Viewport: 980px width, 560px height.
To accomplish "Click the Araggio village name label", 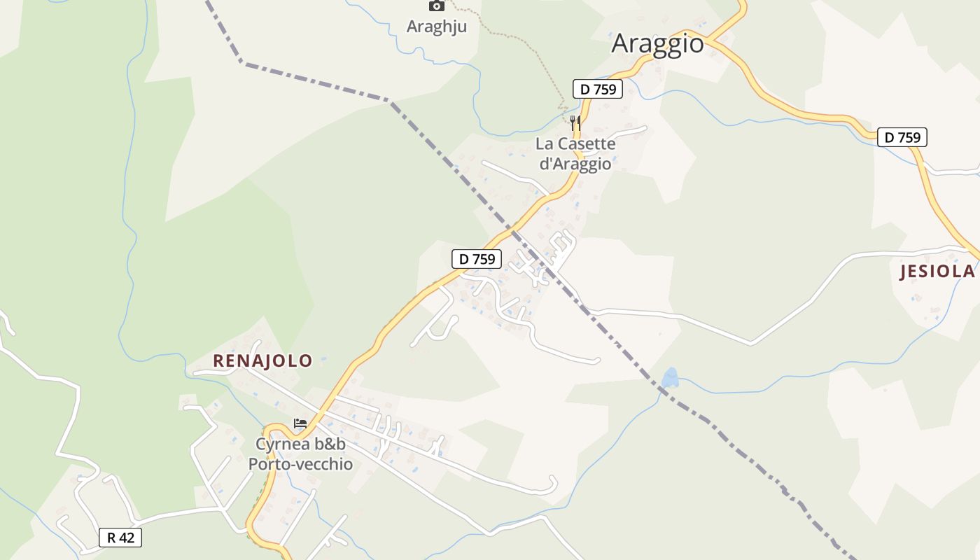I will [x=657, y=43].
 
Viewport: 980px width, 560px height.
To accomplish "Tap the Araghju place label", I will [x=436, y=27].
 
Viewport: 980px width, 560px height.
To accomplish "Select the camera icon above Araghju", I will [x=436, y=6].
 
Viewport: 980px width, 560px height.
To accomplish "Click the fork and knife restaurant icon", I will [x=575, y=123].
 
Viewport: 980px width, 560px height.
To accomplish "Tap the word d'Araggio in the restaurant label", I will [x=575, y=164].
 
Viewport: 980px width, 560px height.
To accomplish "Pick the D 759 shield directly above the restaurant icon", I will [x=597, y=89].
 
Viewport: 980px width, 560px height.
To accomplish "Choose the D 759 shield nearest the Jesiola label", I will [x=902, y=137].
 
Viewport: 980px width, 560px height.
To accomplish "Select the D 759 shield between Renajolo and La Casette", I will [x=476, y=259].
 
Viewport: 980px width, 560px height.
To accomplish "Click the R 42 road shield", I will [x=120, y=538].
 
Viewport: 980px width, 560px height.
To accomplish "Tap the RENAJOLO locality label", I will [x=262, y=361].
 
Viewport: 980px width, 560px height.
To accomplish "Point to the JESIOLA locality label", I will [x=937, y=272].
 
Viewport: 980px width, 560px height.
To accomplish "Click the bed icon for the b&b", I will [x=300, y=423].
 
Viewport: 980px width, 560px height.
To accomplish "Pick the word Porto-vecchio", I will [x=300, y=464].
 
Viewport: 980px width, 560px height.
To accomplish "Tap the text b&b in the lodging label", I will [x=330, y=444].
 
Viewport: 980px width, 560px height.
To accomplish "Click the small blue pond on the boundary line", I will [x=671, y=378].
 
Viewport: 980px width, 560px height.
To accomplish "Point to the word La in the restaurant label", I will [x=544, y=144].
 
